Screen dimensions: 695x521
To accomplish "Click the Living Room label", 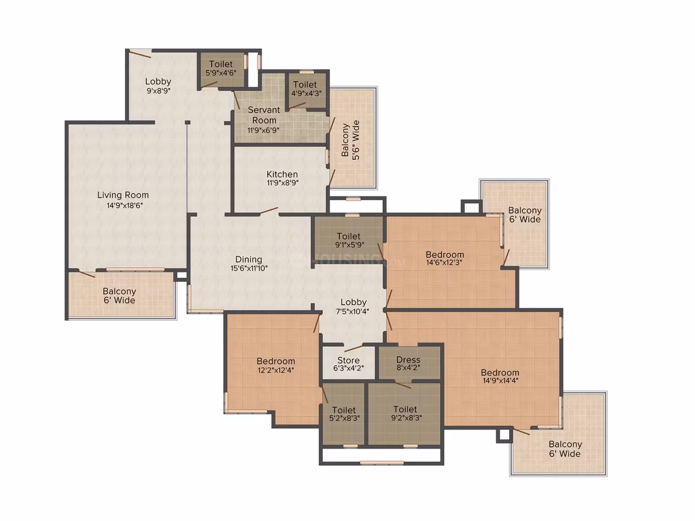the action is pos(123,195).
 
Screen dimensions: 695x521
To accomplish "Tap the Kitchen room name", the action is pos(282,174).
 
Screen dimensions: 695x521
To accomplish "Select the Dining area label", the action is pos(249,260).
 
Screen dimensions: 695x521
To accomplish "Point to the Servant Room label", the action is pos(264,115).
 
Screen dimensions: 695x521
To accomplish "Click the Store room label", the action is pos(348,360).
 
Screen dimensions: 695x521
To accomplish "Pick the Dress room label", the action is pos(408,360).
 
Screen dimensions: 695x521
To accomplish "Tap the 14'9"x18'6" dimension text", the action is pos(125,205).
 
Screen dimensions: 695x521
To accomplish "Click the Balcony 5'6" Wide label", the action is pos(350,140).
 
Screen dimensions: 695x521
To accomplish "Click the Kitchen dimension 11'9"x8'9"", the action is pos(282,183).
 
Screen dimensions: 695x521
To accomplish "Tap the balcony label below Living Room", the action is pos(119,296).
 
